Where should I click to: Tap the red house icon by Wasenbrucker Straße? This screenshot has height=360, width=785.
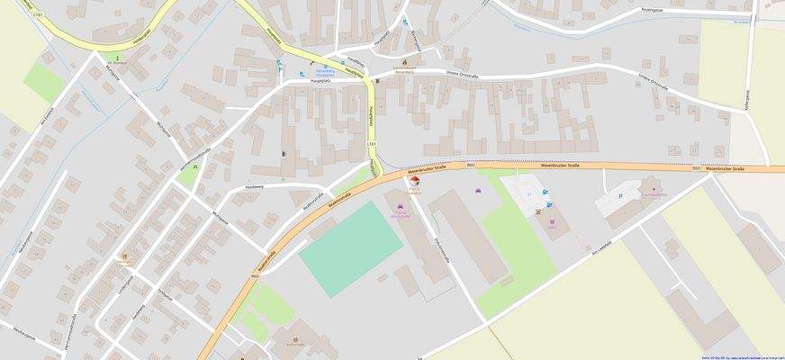pos(415,181)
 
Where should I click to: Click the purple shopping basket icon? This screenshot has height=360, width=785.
pos(552,221)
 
